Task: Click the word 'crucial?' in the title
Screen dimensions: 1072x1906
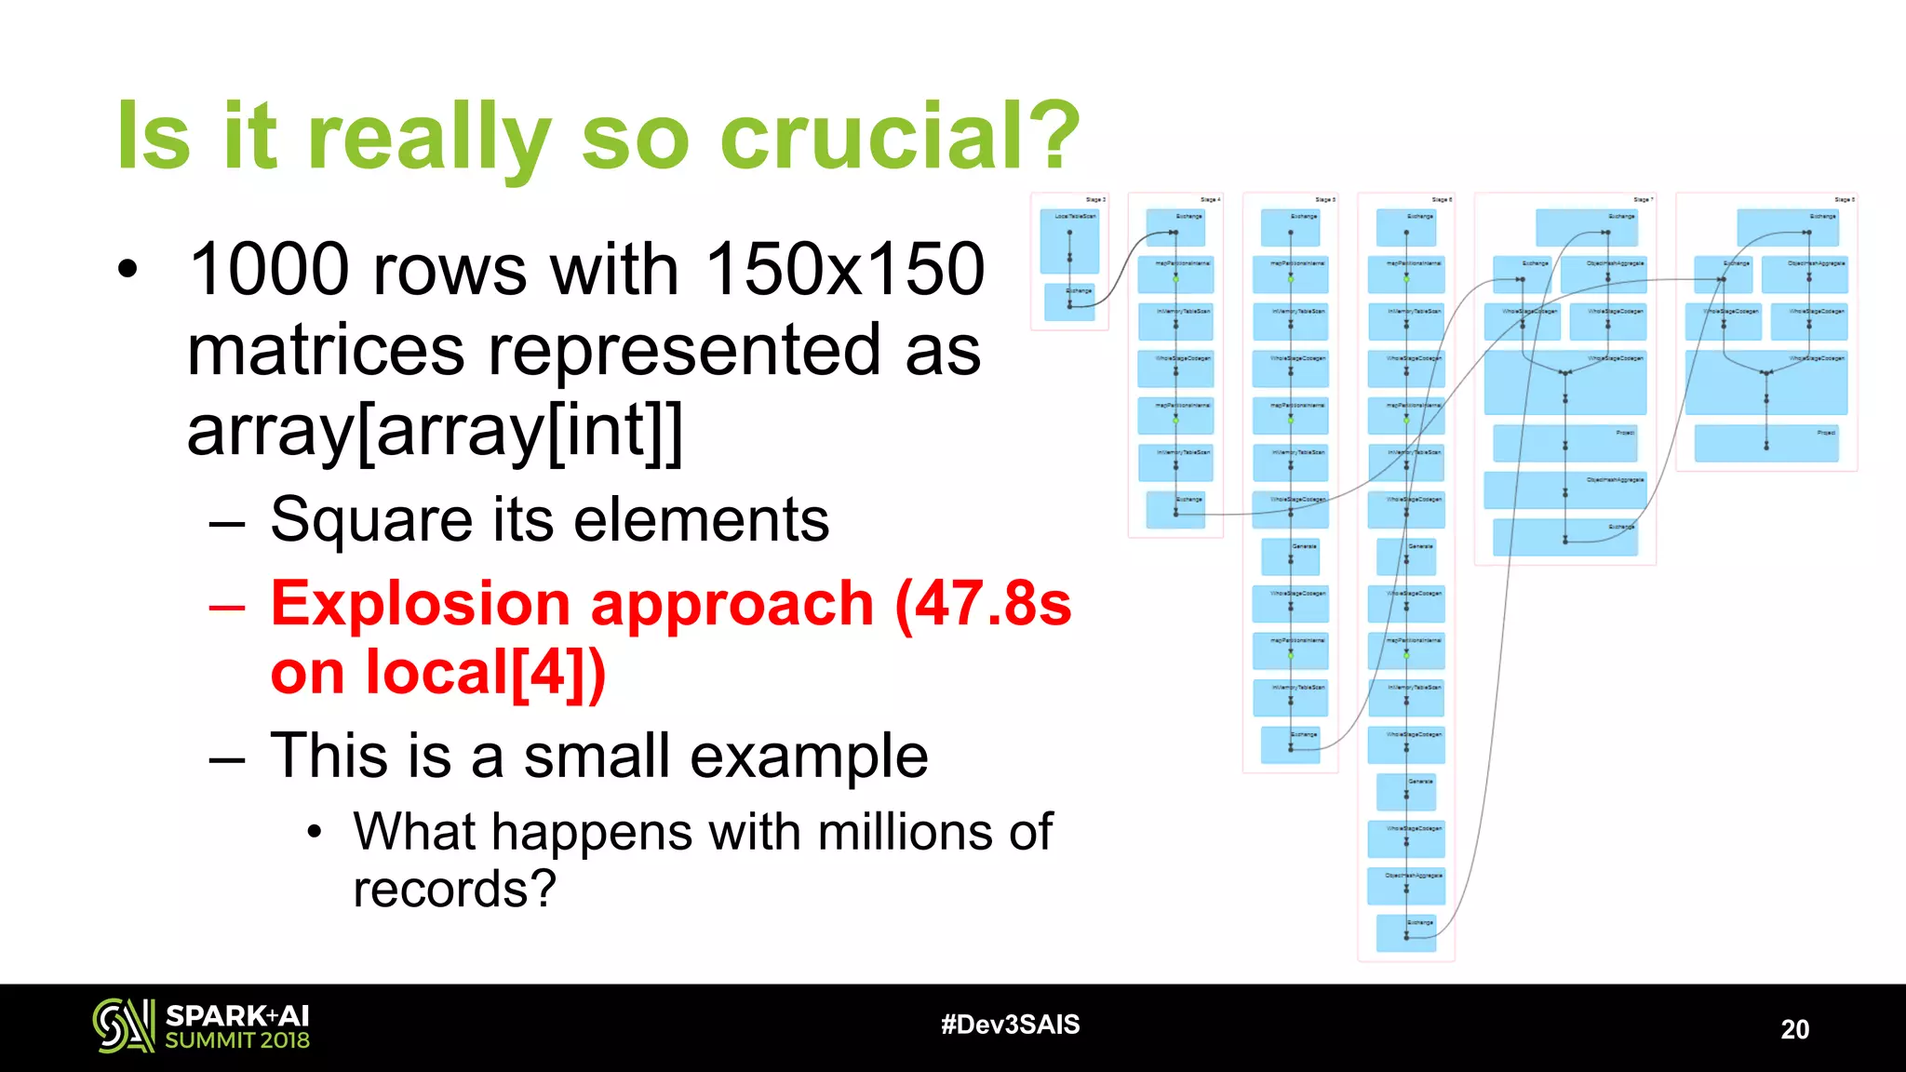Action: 899,137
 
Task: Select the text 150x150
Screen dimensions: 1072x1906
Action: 844,270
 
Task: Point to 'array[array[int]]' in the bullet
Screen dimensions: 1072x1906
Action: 435,431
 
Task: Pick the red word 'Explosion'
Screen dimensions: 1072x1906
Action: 421,604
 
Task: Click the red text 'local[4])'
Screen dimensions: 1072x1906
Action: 485,672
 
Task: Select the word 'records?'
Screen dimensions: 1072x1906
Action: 454,890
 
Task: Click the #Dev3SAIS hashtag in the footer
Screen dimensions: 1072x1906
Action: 1010,1025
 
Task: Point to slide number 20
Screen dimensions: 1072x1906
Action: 1794,1029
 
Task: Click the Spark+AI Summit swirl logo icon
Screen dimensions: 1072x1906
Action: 123,1025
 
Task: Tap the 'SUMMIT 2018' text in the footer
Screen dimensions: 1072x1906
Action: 237,1040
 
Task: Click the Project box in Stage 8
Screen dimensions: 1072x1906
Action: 1765,443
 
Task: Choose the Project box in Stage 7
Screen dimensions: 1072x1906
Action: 1564,443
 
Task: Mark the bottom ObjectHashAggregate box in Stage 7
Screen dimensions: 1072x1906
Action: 1564,490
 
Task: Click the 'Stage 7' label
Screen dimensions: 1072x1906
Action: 1643,200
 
